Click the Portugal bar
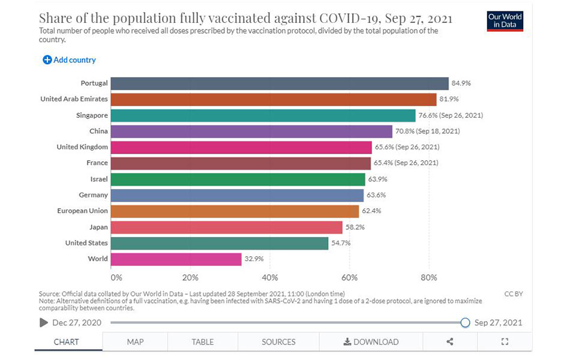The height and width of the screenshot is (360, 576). coord(279,83)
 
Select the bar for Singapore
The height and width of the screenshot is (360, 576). coord(263,115)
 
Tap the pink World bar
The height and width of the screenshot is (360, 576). coord(176,259)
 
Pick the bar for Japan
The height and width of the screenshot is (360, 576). coord(226,227)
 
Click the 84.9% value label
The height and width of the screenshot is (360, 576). coord(461,83)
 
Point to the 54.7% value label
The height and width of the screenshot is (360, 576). coord(341,243)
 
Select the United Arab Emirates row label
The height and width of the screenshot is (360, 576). coord(74,99)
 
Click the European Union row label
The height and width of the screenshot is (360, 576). coord(82,211)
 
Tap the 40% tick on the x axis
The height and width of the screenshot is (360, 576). coord(269,278)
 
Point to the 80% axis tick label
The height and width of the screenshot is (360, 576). coord(429,278)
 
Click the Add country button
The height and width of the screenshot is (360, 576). coord(69,60)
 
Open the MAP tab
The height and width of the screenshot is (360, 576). coord(135,342)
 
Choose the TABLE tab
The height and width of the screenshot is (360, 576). coord(202,342)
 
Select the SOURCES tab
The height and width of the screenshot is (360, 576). coord(278,342)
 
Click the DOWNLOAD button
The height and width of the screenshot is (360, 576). coord(371,342)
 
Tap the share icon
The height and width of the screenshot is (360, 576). coord(450,342)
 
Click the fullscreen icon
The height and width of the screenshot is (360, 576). coord(505,342)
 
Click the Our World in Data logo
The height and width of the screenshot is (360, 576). coord(505,22)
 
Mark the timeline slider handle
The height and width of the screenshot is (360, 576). coord(465,323)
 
